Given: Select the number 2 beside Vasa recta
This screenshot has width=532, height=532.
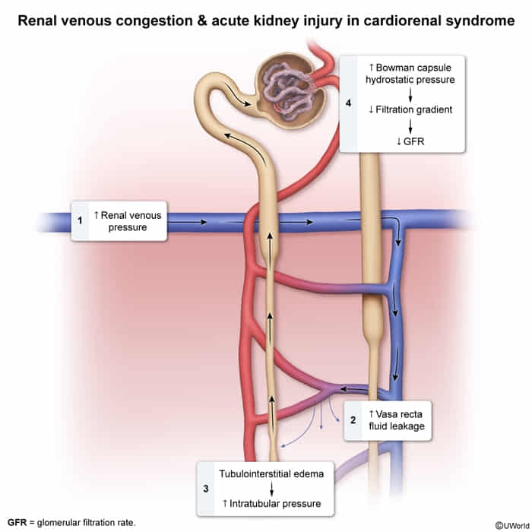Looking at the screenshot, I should coord(353,420).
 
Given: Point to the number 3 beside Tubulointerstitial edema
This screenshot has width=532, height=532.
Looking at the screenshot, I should coord(207,487).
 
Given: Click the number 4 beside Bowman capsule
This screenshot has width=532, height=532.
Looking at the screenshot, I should coord(348,103).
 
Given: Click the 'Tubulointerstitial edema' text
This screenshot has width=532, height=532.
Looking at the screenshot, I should coord(271,473).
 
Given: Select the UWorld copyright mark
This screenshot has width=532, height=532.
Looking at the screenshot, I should coord(510,524).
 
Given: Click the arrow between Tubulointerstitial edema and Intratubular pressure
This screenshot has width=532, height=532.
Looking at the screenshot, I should coord(271,488).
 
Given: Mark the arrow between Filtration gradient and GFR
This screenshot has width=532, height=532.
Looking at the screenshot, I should coord(410,125).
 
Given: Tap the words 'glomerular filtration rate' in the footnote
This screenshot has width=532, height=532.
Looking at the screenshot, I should coord(88,524).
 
